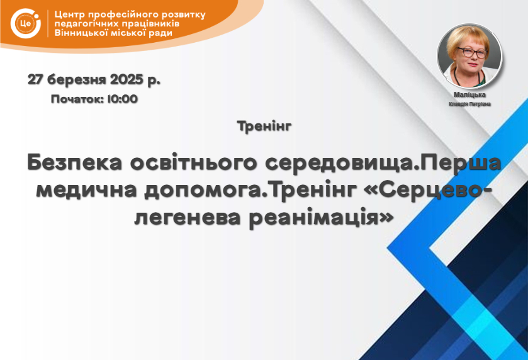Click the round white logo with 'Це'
point(26,23)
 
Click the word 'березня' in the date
point(77,80)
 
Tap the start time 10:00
point(123,99)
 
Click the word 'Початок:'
point(77,99)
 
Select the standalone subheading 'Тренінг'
point(264,127)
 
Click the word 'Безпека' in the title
point(74,162)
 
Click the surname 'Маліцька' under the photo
point(469,94)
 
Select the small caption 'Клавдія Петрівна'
point(469,104)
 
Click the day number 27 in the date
point(35,79)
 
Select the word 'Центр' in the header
point(70,15)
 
